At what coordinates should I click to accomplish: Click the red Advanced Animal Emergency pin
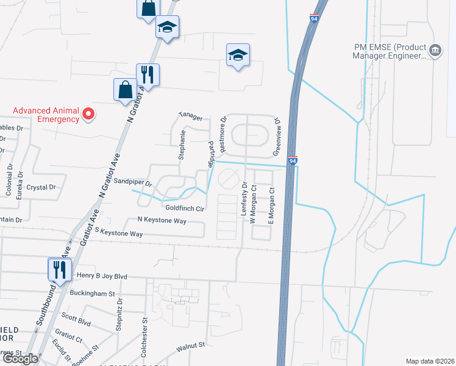tap(88, 114)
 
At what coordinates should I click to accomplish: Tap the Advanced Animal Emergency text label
tap(47, 115)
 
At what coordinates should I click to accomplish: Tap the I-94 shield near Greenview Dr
tap(292, 160)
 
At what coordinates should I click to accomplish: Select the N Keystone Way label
tap(162, 220)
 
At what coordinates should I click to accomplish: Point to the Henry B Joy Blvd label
tap(102, 276)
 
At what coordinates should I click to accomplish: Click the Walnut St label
tap(190, 347)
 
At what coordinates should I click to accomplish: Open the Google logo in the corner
tap(20, 359)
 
